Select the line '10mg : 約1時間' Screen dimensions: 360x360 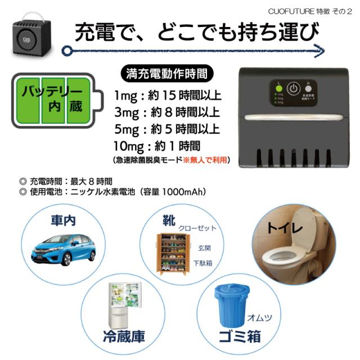[156, 146]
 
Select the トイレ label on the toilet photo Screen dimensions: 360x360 [283, 229]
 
